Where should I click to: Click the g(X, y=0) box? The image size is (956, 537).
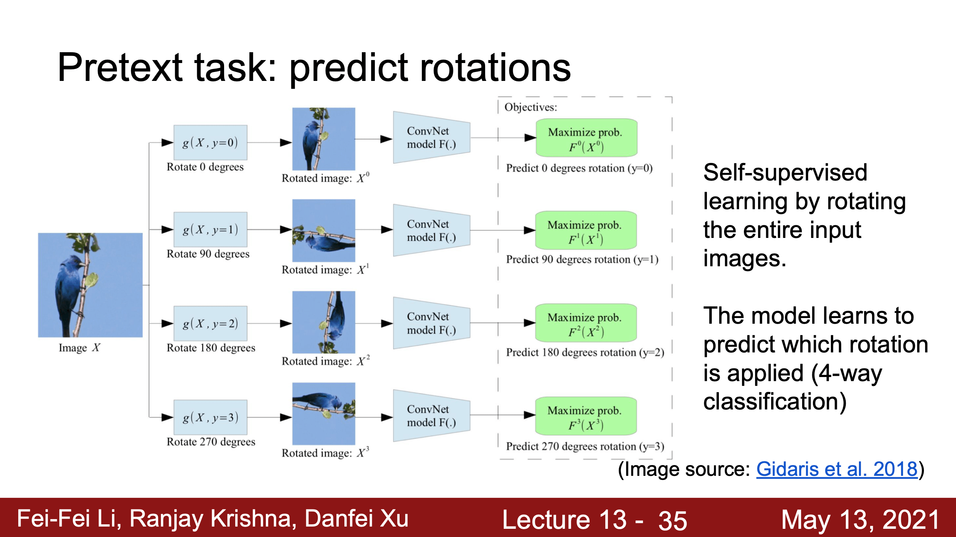(210, 142)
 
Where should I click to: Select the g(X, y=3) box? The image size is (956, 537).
(210, 417)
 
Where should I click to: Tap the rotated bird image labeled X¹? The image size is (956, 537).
(324, 230)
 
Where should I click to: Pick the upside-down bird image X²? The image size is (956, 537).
(324, 322)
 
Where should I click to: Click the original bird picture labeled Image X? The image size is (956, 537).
(90, 285)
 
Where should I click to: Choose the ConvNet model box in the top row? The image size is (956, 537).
(432, 138)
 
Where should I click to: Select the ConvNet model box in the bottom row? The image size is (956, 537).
(432, 416)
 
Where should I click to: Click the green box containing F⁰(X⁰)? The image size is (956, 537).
(586, 138)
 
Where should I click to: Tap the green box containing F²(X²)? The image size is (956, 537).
(586, 323)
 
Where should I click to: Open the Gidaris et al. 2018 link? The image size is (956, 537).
(837, 469)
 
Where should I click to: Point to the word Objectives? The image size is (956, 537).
(531, 107)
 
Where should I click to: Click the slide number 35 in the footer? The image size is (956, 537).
(673, 520)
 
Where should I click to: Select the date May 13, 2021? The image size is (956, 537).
(860, 519)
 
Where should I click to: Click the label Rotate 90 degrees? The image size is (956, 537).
(208, 254)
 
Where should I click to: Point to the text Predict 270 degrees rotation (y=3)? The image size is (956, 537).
(585, 446)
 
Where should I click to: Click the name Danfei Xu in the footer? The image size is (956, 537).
(357, 519)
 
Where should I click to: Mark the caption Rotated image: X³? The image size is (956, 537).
(325, 452)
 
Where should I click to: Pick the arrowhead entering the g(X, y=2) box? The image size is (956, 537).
(167, 323)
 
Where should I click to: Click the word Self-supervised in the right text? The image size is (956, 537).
(785, 172)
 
